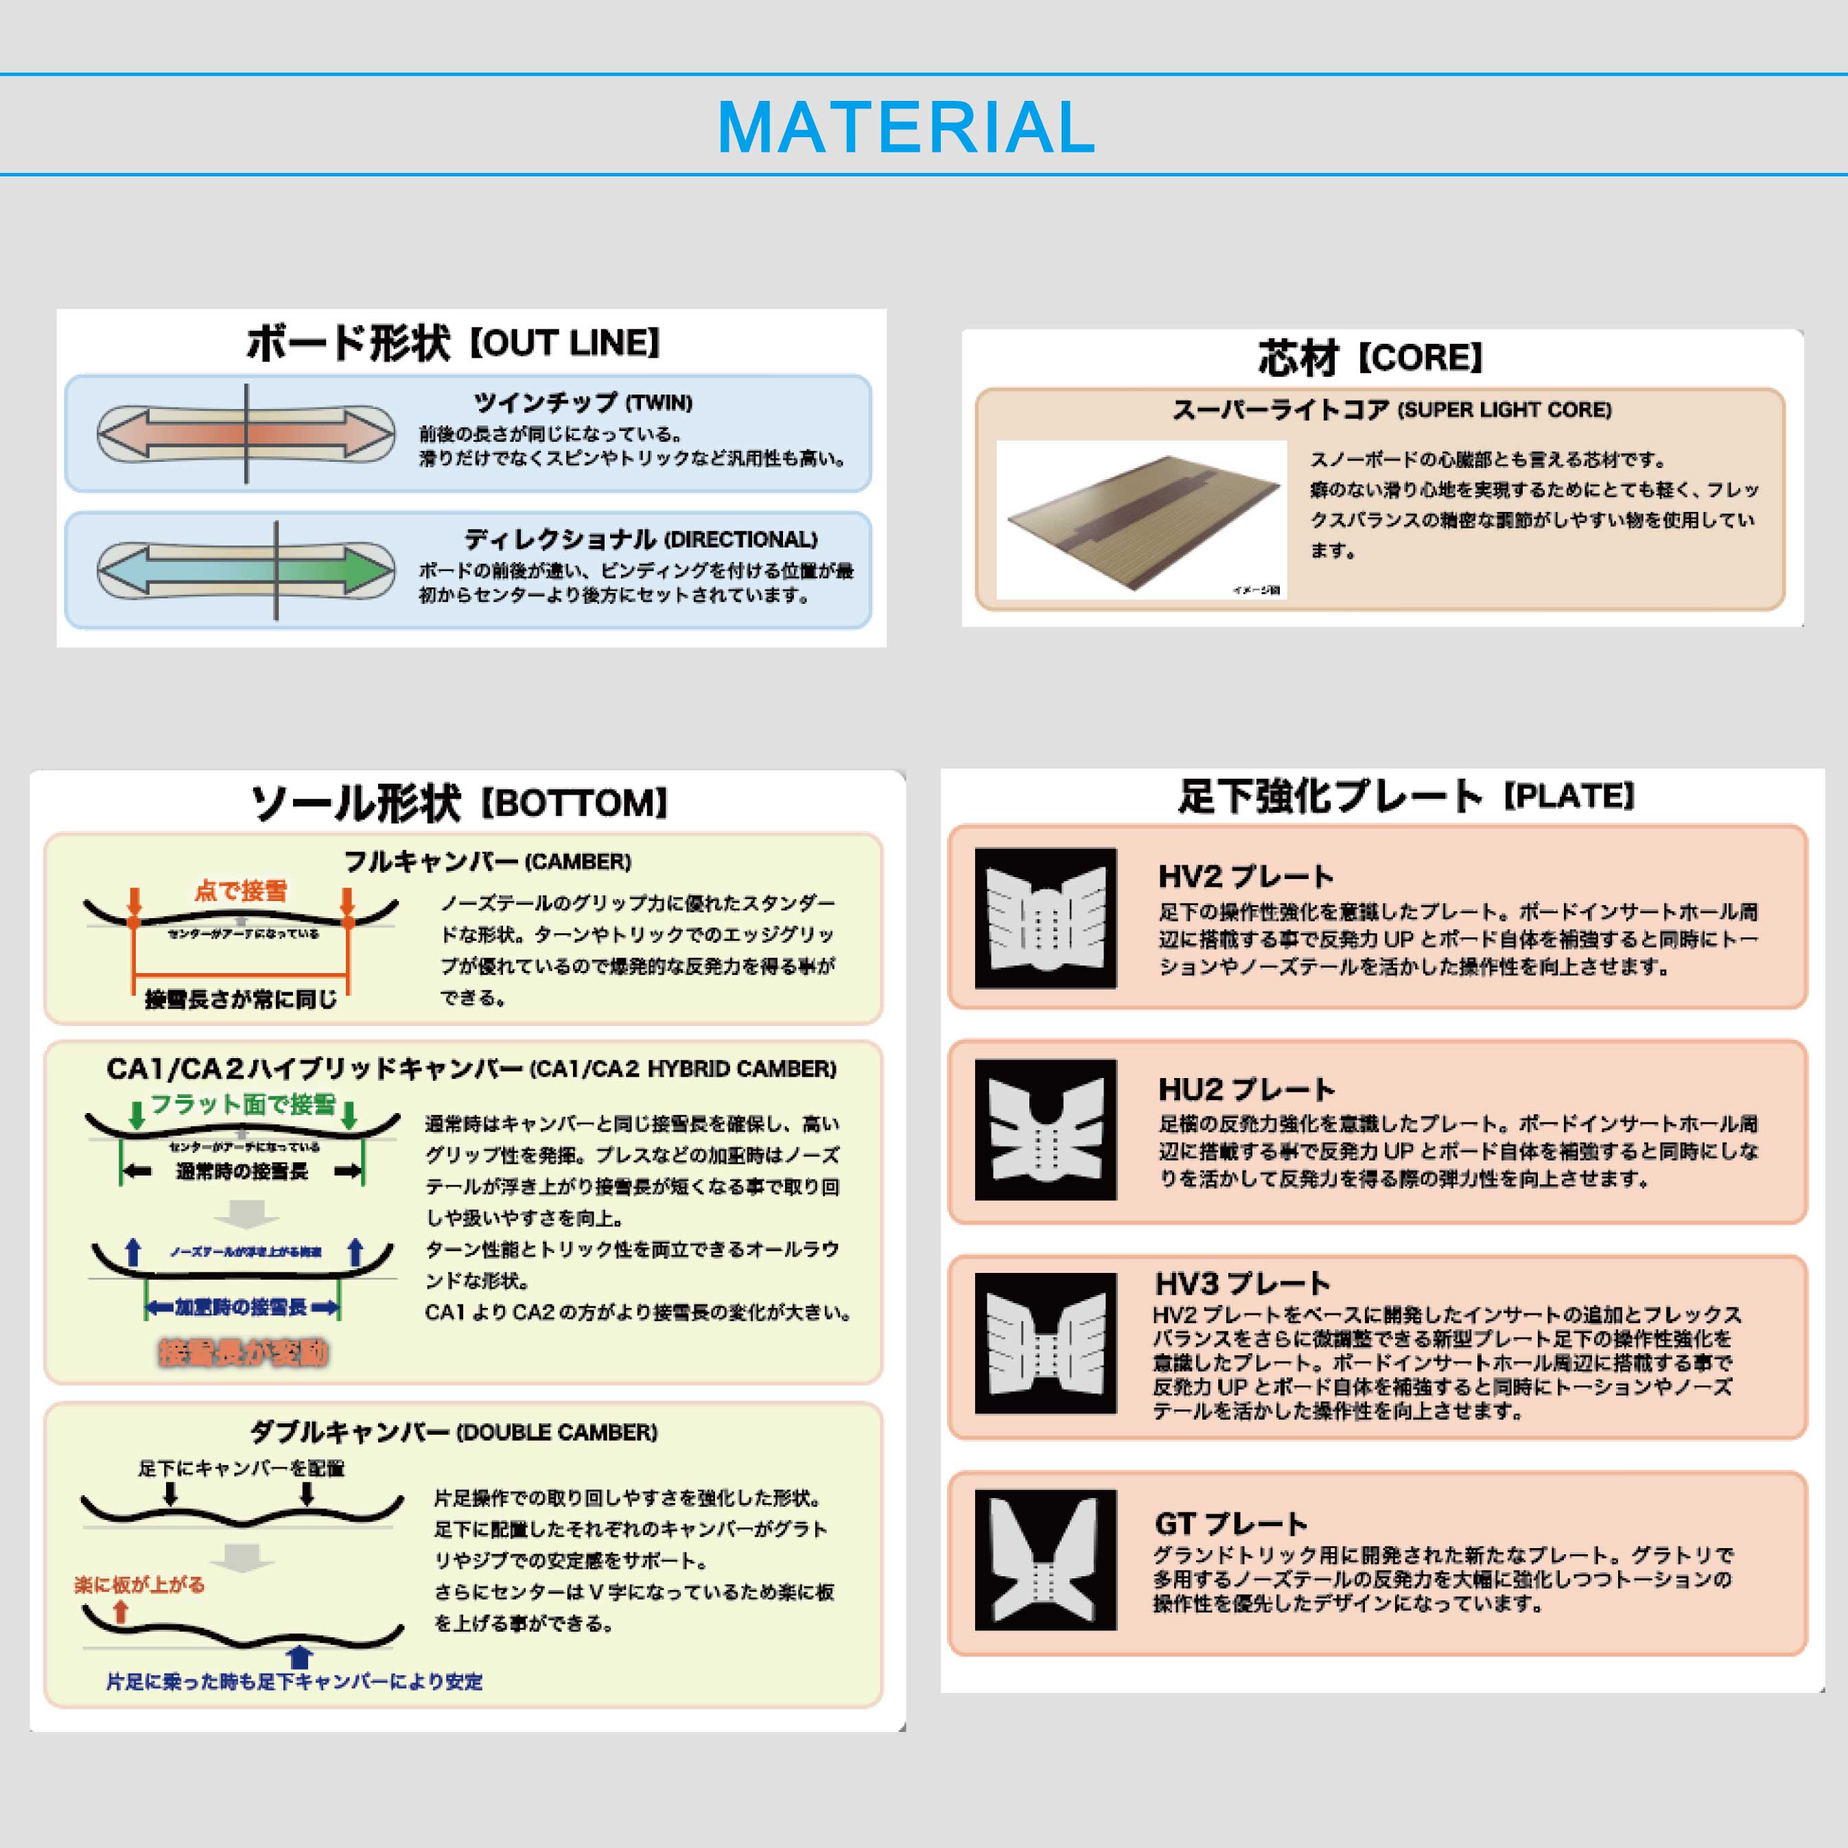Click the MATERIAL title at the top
tap(906, 127)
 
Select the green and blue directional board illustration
tap(246, 570)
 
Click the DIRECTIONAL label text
tap(640, 539)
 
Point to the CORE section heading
tap(1370, 358)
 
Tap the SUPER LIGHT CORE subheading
tap(1391, 410)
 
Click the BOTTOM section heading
tap(458, 802)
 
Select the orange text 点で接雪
tap(240, 891)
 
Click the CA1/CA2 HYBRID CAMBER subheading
tap(471, 1068)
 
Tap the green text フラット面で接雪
tap(243, 1105)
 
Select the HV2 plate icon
tap(1046, 918)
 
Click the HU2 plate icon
tap(1046, 1130)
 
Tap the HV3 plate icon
tap(1046, 1343)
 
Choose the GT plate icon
tap(1046, 1560)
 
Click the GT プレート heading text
tap(1230, 1523)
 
